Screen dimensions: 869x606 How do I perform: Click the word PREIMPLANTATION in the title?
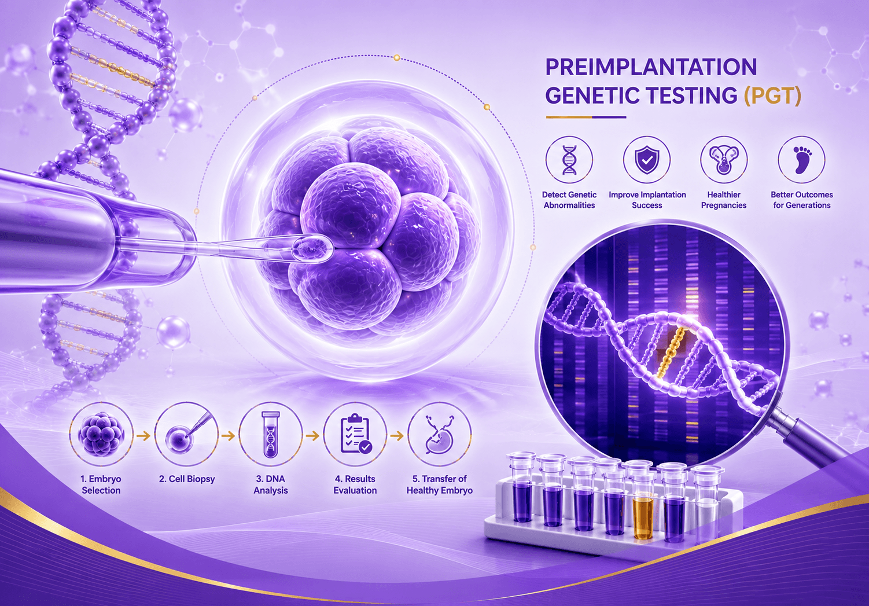(x=651, y=68)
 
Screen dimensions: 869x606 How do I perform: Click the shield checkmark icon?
(x=647, y=160)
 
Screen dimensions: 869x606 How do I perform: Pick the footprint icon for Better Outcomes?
(x=801, y=160)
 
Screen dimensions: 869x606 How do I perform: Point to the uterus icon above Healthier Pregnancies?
(x=724, y=160)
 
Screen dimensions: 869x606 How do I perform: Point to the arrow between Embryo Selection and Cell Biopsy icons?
(x=144, y=436)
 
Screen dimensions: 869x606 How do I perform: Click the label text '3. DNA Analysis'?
(x=271, y=485)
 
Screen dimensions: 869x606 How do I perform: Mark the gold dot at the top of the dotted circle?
(x=396, y=58)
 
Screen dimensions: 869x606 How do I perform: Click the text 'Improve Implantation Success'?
(x=647, y=200)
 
